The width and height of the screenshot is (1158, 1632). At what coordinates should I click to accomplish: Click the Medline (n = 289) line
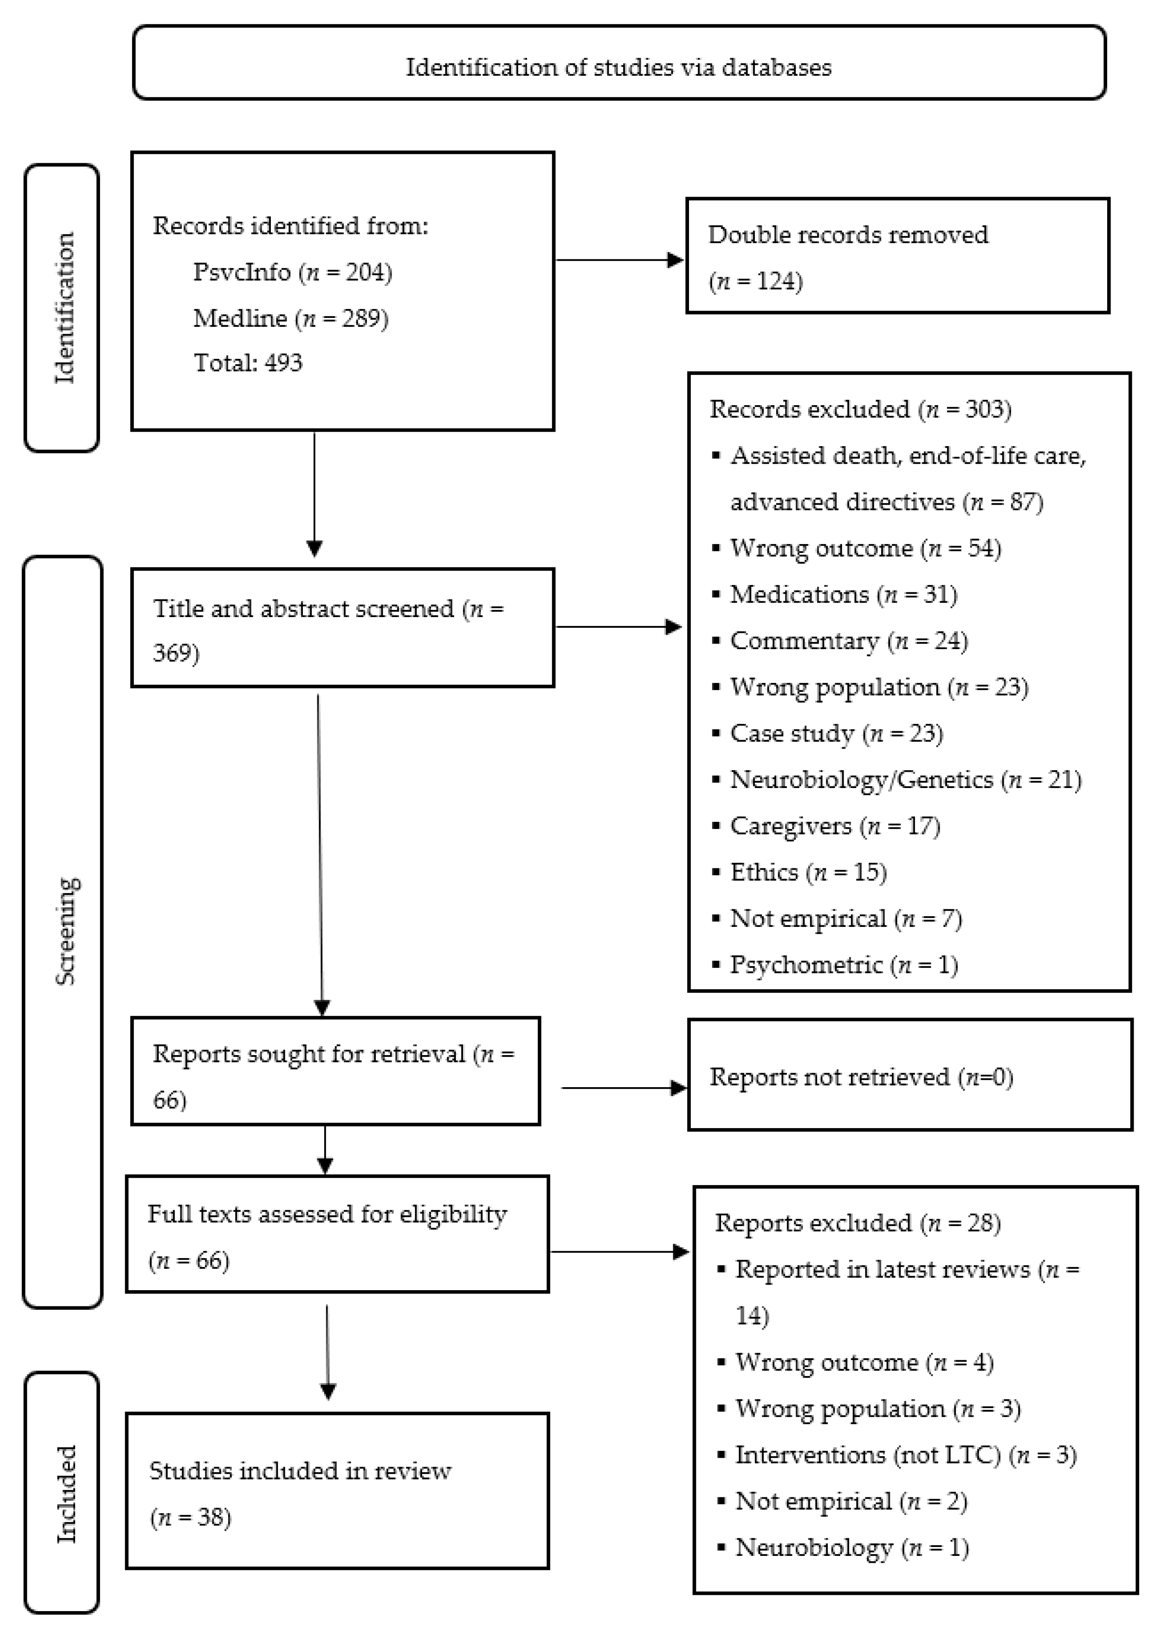[291, 318]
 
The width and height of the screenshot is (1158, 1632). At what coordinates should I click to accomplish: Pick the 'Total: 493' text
[248, 363]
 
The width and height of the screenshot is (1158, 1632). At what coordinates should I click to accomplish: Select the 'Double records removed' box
[897, 256]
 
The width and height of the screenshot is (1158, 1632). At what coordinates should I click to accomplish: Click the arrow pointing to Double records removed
[619, 260]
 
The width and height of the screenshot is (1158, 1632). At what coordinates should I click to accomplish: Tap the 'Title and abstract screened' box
[342, 628]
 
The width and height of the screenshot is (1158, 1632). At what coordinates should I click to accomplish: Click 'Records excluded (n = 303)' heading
[860, 409]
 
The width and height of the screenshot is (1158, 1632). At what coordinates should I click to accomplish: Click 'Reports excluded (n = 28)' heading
[858, 1223]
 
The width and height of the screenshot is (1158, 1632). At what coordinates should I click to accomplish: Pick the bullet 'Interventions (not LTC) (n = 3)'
[906, 1455]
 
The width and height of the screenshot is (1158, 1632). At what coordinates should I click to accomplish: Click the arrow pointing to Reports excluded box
[619, 1251]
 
